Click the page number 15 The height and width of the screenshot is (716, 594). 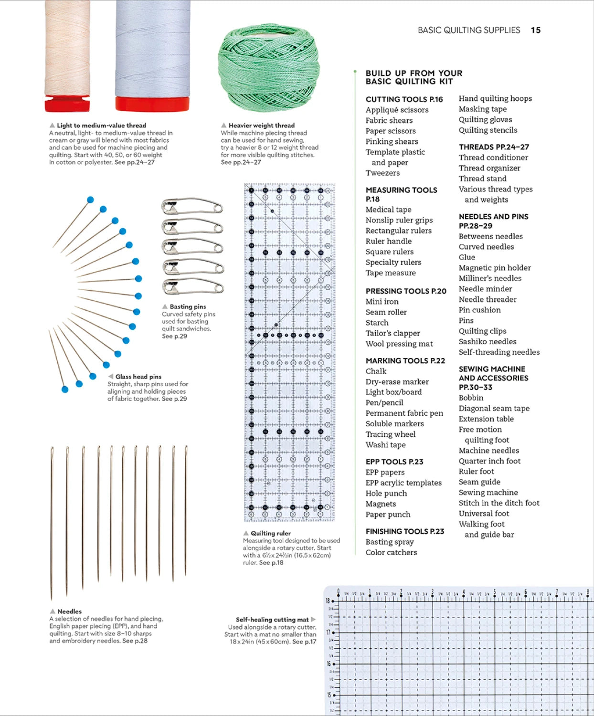click(535, 30)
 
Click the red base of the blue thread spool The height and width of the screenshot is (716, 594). click(152, 104)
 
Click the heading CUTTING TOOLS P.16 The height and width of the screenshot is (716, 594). click(404, 99)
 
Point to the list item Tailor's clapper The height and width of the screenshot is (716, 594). click(392, 333)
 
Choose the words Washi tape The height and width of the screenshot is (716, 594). click(385, 445)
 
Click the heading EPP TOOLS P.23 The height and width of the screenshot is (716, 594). click(394, 462)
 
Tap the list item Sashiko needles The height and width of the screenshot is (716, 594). click(487, 342)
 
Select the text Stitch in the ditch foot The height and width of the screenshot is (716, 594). click(499, 503)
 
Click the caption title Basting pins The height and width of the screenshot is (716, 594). click(188, 307)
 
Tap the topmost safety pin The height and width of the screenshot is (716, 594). click(192, 206)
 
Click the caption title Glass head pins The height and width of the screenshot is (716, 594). click(138, 377)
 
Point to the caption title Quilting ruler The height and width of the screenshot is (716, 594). click(270, 533)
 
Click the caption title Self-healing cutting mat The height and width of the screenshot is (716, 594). click(272, 620)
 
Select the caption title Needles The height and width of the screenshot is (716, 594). click(69, 611)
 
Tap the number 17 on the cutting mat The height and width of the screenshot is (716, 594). click(328, 632)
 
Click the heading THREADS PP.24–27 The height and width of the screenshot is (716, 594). click(494, 147)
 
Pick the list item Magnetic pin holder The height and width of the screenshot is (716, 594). click(494, 268)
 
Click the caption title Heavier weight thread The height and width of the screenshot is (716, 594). click(261, 126)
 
